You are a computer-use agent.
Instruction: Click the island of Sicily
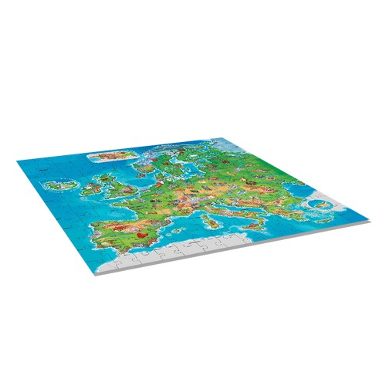tap(218, 241)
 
